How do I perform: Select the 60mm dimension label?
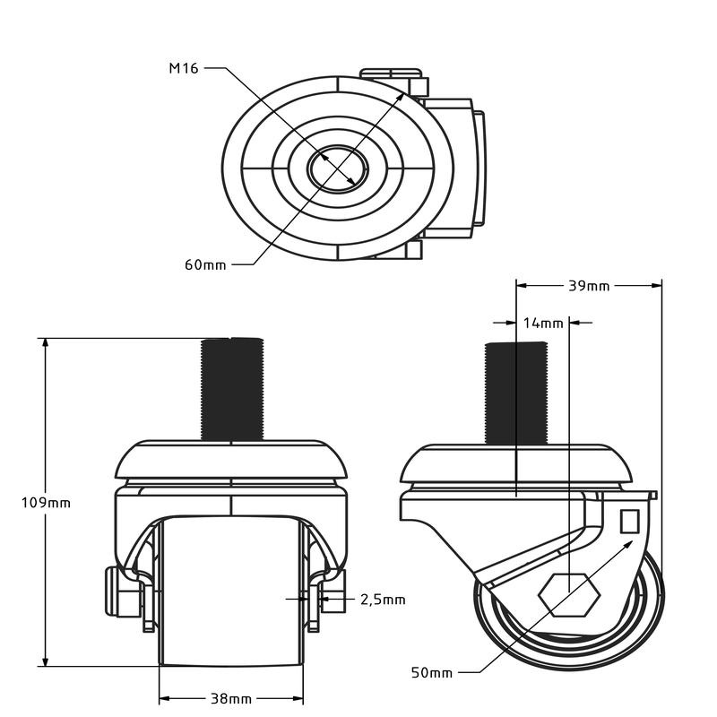[x=205, y=264]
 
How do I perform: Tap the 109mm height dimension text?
[x=46, y=503]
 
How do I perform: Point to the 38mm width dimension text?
[x=230, y=698]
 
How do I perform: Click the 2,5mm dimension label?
[x=382, y=599]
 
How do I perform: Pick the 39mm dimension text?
[x=589, y=286]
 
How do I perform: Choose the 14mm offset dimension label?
[x=543, y=322]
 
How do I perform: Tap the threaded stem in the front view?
[x=232, y=389]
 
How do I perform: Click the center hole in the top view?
[x=336, y=167]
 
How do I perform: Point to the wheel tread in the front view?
[x=230, y=592]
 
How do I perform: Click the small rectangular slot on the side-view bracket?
[x=628, y=520]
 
